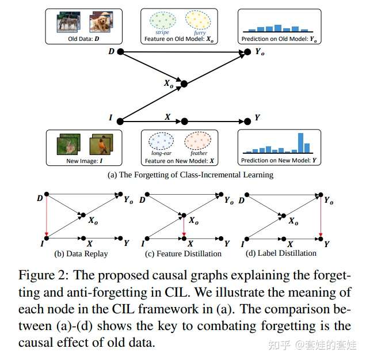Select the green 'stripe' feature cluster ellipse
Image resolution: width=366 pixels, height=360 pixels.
pyautogui.click(x=163, y=20)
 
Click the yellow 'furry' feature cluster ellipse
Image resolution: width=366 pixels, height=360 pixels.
pyautogui.click(x=198, y=20)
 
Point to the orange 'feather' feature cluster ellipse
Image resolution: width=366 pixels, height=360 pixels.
pyautogui.click(x=198, y=141)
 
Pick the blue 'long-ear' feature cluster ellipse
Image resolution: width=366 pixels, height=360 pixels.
pyautogui.click(x=161, y=141)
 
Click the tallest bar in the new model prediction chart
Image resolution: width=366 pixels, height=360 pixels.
pyautogui.click(x=300, y=143)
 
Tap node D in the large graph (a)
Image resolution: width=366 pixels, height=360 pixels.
pyautogui.click(x=120, y=52)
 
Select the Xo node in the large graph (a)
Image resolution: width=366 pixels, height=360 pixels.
pyautogui.click(x=184, y=84)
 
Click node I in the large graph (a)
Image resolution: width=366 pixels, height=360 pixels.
pyautogui.click(x=120, y=121)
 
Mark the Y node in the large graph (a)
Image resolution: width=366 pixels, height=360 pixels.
pyautogui.click(x=247, y=121)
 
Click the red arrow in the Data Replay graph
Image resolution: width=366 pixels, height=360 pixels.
pyautogui.click(x=47, y=216)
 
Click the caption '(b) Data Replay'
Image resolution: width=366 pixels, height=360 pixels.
pyautogui.click(x=81, y=253)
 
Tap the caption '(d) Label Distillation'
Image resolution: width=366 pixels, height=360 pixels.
pyautogui.click(x=281, y=253)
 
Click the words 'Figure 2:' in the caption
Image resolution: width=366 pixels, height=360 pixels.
pyautogui.click(x=44, y=275)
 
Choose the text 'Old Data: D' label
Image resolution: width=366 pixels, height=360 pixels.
pyautogui.click(x=83, y=39)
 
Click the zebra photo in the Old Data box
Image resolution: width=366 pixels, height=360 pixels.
pyautogui.click(x=68, y=22)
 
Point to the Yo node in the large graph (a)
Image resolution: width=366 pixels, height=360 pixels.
pyautogui.click(x=247, y=52)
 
